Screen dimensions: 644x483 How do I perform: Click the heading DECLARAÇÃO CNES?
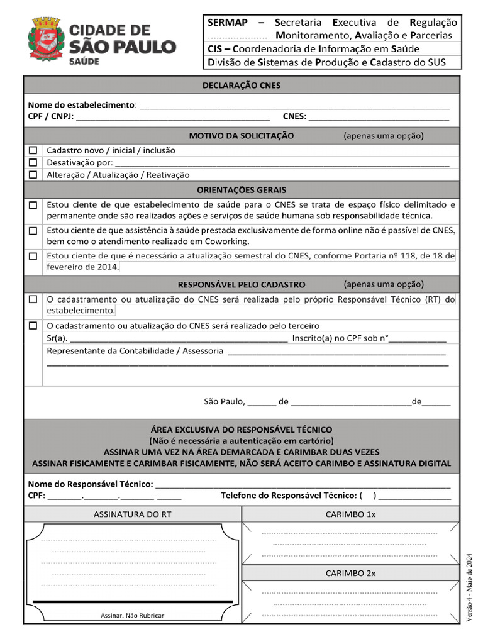click(x=241, y=86)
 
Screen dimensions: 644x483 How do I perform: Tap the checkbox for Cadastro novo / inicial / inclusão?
click(x=33, y=151)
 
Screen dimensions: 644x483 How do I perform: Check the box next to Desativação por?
click(x=33, y=163)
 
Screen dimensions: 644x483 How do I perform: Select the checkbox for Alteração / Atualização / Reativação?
click(x=33, y=175)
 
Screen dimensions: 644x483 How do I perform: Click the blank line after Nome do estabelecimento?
click(x=294, y=105)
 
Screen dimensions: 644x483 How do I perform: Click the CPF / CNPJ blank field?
click(x=173, y=117)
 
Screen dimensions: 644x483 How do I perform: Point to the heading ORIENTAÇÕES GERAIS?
click(x=241, y=190)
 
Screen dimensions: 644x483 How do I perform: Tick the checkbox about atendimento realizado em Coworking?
click(x=33, y=231)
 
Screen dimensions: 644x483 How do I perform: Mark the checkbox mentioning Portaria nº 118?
click(x=33, y=257)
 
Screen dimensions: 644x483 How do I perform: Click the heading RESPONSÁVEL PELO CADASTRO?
click(x=241, y=284)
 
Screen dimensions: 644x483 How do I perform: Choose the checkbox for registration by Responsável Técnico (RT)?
click(x=33, y=300)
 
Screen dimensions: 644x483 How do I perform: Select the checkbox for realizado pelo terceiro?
click(x=33, y=326)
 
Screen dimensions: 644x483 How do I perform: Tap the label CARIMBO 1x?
click(x=350, y=514)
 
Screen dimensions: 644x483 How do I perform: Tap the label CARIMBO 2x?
click(x=350, y=573)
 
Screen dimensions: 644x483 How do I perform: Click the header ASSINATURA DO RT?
click(x=133, y=514)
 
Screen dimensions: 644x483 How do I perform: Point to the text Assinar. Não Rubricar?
click(x=132, y=615)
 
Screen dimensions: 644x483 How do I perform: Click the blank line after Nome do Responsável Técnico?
click(x=303, y=484)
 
